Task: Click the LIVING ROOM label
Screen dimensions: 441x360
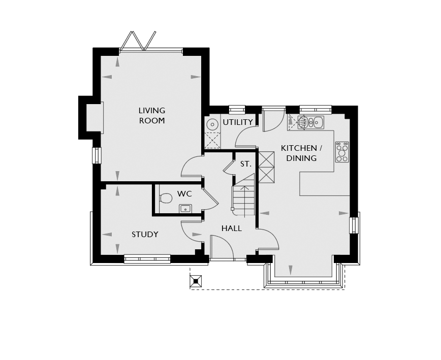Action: (152, 115)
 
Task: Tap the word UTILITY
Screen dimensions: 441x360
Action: (238, 122)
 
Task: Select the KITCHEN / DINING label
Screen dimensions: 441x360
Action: (301, 153)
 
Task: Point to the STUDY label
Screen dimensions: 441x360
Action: (145, 235)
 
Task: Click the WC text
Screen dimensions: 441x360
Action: (184, 193)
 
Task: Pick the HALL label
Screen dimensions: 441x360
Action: (232, 228)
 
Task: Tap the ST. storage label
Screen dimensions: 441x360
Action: (246, 164)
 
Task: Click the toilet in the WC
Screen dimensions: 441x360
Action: (166, 198)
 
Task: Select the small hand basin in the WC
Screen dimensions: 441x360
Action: (185, 209)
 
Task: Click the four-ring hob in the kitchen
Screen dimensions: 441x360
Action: (342, 152)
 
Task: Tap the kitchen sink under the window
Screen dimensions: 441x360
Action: (311, 122)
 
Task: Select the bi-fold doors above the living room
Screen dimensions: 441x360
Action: (138, 41)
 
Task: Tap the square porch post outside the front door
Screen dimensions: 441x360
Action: (196, 281)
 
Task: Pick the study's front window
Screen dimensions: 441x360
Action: (147, 259)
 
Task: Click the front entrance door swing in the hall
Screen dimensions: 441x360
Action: (222, 247)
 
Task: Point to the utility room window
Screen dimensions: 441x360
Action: (237, 110)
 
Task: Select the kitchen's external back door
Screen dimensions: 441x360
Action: (273, 119)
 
